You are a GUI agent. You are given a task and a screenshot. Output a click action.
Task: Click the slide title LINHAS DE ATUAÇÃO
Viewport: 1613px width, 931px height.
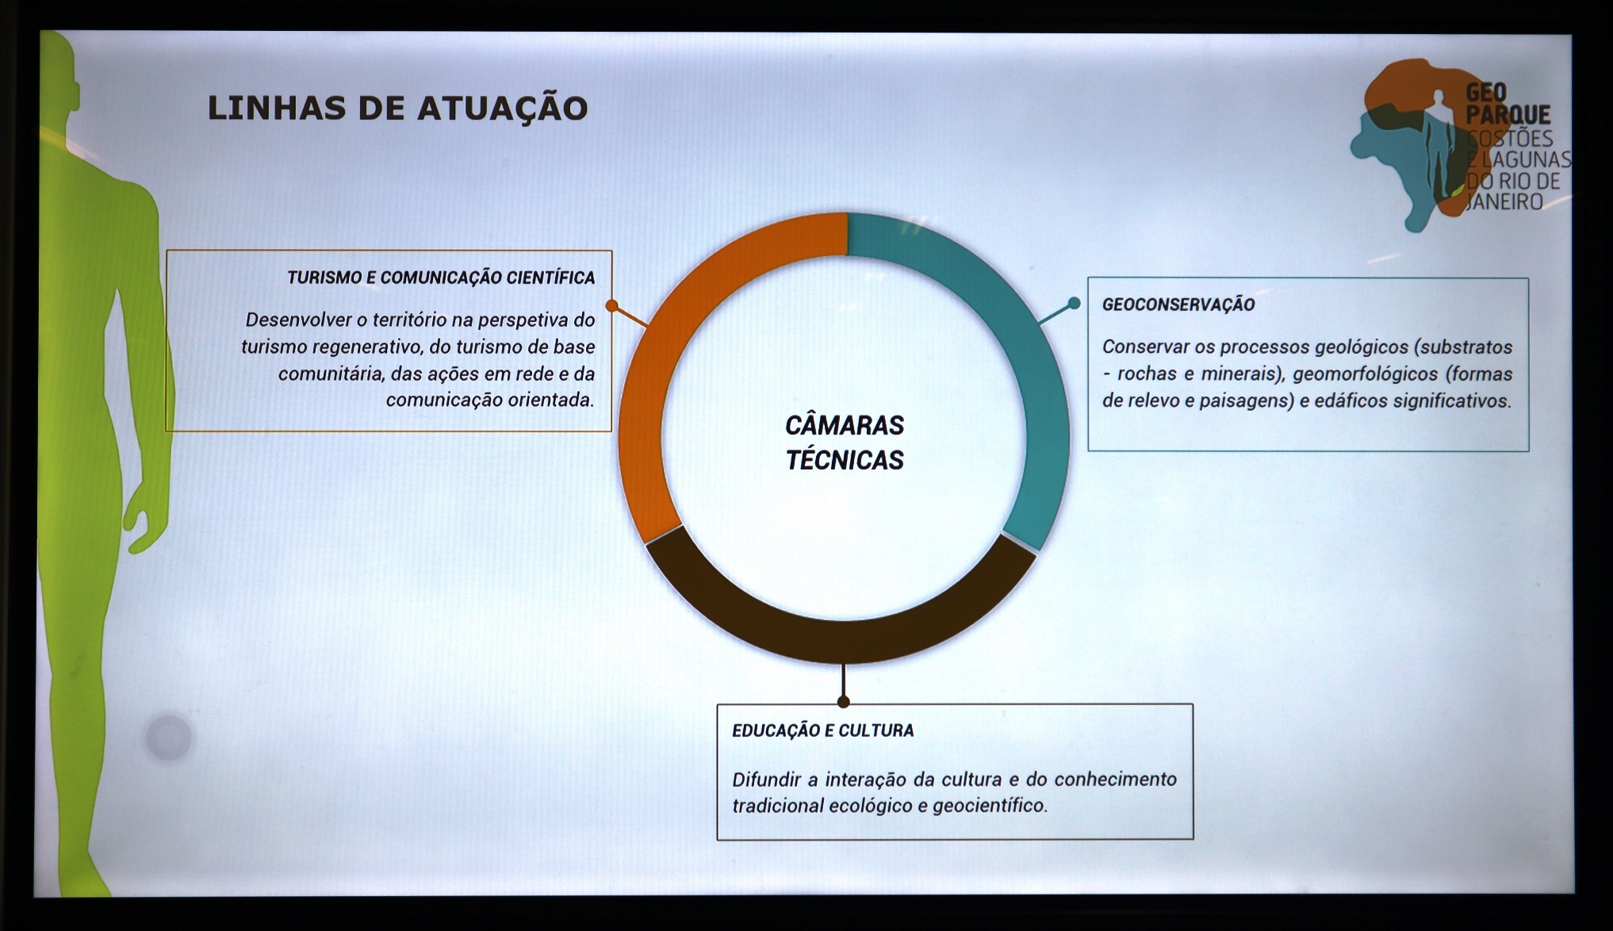click(x=397, y=108)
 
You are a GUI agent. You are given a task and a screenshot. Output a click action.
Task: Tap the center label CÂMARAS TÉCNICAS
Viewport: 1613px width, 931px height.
click(x=845, y=443)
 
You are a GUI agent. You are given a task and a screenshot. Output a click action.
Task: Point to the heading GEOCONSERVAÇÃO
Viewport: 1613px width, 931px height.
click(x=1178, y=305)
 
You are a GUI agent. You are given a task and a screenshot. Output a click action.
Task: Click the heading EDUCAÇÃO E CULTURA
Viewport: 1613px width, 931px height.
click(x=822, y=730)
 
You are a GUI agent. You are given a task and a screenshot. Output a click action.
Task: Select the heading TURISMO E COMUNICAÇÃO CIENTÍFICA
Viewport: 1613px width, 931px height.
click(x=441, y=278)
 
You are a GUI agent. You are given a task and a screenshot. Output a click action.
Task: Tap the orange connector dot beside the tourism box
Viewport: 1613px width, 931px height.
click(x=611, y=305)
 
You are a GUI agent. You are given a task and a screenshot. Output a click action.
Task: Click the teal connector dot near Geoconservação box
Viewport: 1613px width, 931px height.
click(x=1074, y=303)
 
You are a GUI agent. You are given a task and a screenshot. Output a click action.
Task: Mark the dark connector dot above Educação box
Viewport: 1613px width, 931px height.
click(x=844, y=701)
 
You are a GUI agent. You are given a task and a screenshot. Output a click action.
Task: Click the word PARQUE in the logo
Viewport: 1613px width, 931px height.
click(x=1508, y=115)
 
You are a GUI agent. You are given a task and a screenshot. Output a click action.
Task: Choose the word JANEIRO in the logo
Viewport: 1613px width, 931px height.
click(x=1504, y=202)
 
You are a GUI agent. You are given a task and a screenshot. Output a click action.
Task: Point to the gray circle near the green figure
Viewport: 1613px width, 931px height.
click(x=168, y=737)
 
